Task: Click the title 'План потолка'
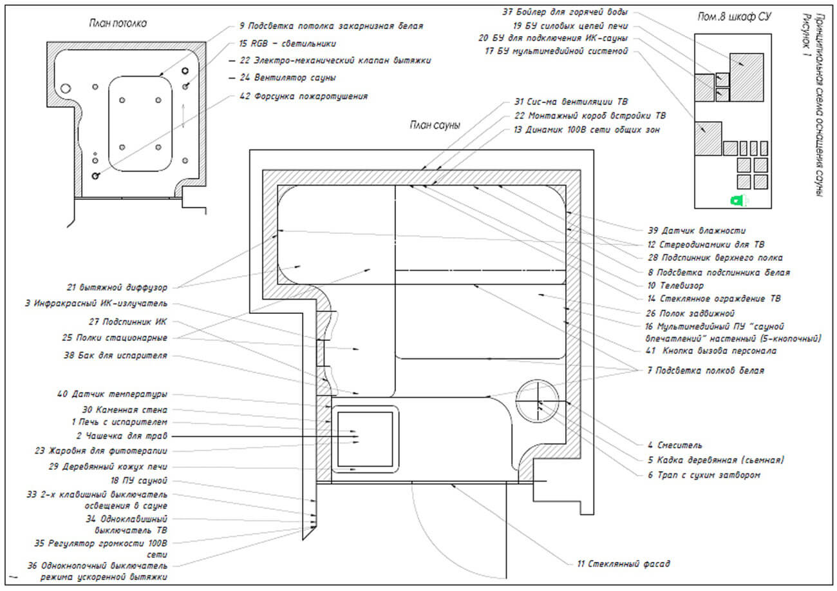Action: [118, 24]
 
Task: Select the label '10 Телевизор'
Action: [676, 285]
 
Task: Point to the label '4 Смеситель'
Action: [675, 445]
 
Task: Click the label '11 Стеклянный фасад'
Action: [623, 564]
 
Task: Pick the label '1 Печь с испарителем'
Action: [119, 422]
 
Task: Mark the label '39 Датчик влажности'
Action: [697, 230]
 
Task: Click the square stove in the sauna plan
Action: [364, 438]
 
